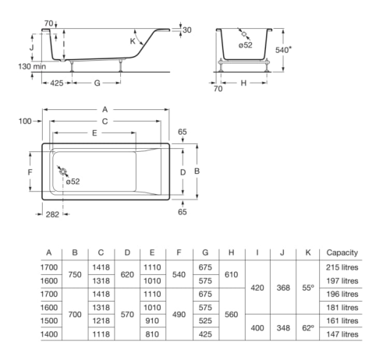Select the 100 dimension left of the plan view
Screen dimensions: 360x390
click(26, 121)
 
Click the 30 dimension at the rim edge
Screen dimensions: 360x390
click(186, 30)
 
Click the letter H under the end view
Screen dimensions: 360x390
click(243, 82)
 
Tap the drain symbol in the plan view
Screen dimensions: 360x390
click(62, 172)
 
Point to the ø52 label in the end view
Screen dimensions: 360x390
click(246, 44)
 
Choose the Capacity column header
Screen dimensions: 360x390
click(341, 252)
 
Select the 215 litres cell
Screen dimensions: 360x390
click(342, 267)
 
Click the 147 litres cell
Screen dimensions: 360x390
click(342, 334)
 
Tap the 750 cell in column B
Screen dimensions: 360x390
click(76, 274)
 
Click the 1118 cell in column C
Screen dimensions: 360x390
click(101, 334)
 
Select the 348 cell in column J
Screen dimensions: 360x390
click(284, 327)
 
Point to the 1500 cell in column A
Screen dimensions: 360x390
click(49, 320)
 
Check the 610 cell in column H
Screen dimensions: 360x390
click(232, 274)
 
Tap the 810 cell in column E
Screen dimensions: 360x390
click(154, 334)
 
